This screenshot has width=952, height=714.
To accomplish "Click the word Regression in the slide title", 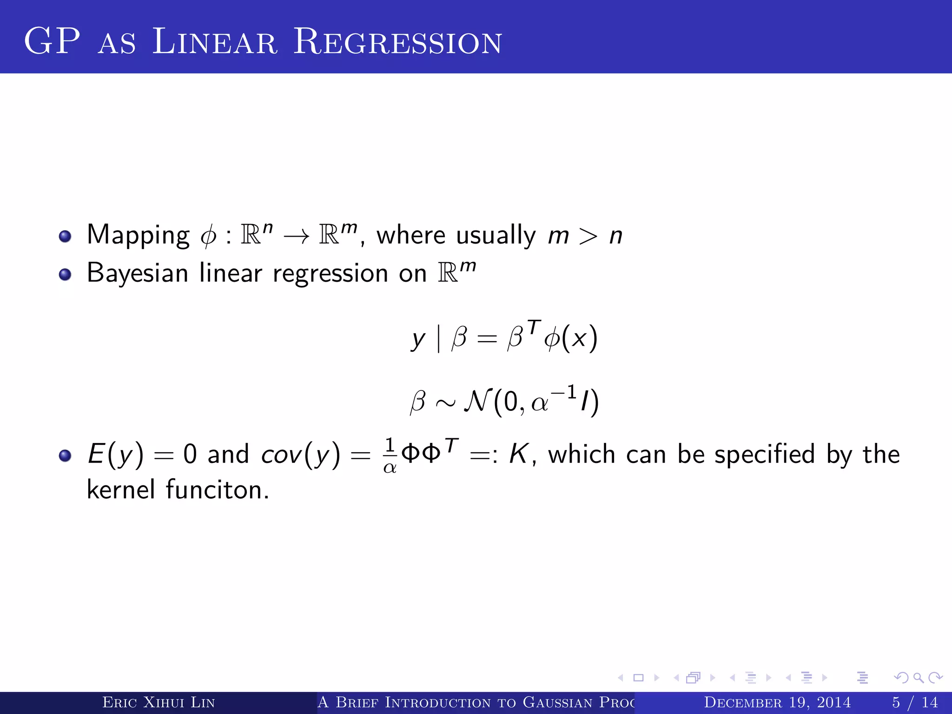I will point(397,42).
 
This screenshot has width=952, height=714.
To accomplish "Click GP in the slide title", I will point(52,42).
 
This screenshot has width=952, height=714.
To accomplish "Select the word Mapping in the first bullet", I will point(138,235).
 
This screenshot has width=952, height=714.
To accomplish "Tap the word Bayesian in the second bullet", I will point(138,273).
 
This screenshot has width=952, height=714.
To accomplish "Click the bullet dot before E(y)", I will point(65,456).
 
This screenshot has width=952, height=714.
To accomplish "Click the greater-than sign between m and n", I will point(588,236).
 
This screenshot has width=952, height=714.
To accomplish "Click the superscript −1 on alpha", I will point(564,393).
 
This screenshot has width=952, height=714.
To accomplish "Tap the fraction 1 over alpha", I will point(390,456).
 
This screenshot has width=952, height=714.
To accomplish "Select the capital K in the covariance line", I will point(518,454).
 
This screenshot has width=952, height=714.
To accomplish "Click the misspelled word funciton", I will point(217,490).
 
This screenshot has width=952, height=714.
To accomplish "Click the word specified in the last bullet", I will point(765,455).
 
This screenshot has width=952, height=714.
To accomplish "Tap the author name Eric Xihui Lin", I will point(159,702).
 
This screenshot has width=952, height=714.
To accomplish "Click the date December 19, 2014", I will point(777,702).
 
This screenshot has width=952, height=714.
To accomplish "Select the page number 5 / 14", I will point(915,702).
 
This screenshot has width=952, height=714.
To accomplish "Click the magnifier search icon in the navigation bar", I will point(918,678).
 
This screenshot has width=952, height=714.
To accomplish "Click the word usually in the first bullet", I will point(496,235).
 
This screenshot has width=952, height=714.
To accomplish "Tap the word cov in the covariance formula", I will point(282,455).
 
